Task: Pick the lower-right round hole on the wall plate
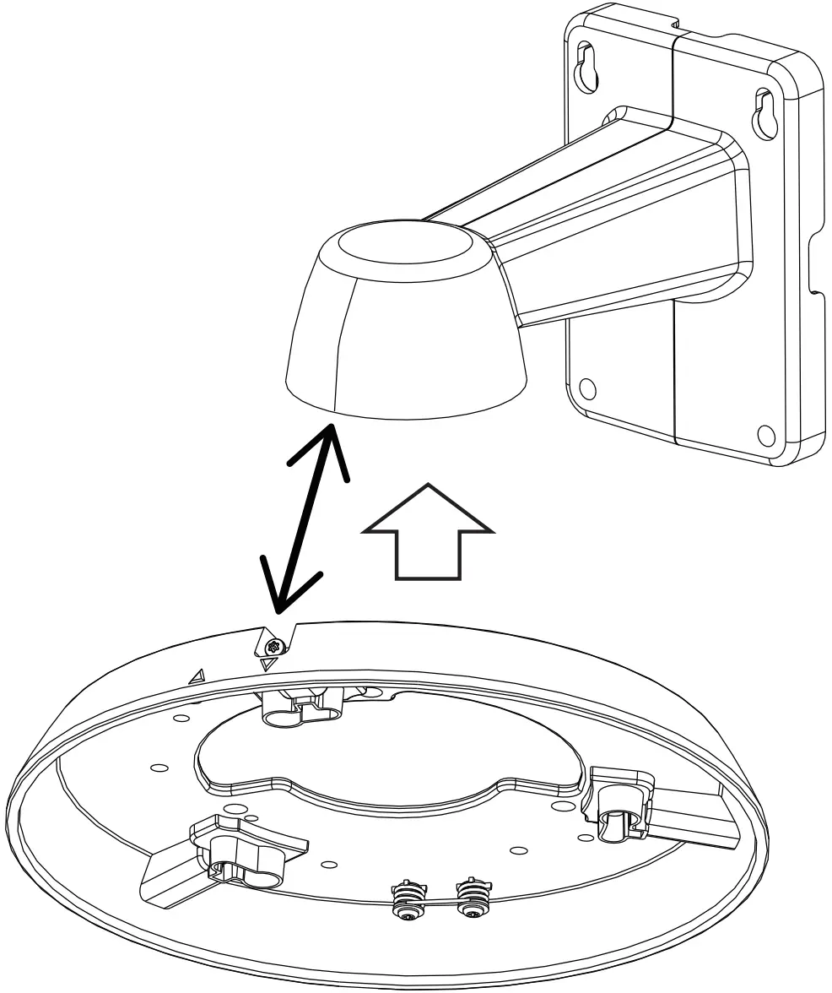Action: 765,434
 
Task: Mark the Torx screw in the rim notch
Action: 273,648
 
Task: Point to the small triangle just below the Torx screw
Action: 268,665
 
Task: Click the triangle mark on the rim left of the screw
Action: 197,675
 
